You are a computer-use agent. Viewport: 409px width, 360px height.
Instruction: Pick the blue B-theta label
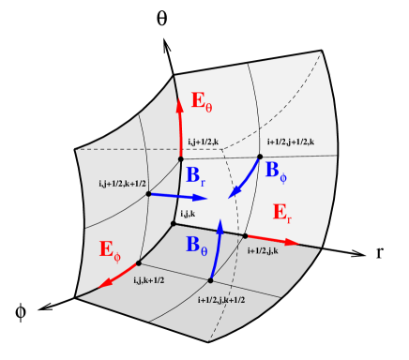tap(198, 247)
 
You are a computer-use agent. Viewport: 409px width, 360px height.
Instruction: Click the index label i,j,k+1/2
tap(150, 280)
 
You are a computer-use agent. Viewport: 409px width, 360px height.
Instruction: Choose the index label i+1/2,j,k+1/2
tap(221, 299)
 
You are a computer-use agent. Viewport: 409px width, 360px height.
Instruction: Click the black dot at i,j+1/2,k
tap(181, 158)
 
